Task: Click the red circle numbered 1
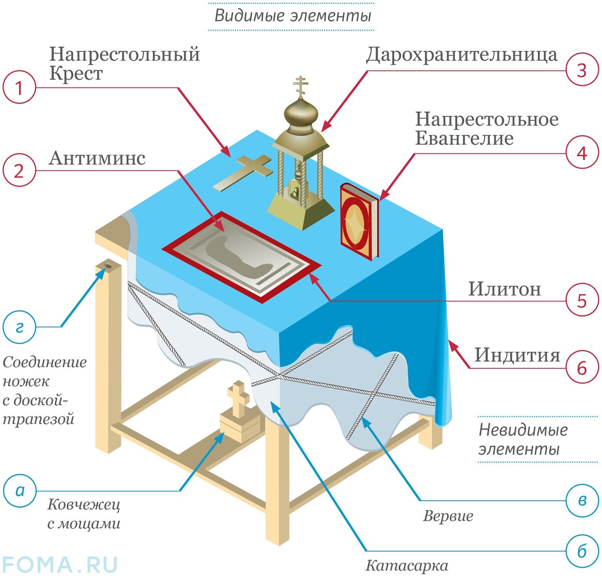click(x=19, y=88)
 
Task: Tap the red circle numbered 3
click(x=582, y=70)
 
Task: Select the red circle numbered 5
click(x=582, y=301)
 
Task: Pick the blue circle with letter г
click(x=20, y=327)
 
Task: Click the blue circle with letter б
click(x=582, y=551)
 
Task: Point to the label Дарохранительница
click(x=461, y=54)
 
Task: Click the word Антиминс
click(x=97, y=158)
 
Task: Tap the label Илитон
click(x=505, y=289)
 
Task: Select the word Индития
click(x=517, y=355)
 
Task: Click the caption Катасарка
click(x=406, y=566)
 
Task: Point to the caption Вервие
click(x=448, y=516)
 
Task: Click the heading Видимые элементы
click(x=292, y=16)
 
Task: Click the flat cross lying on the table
click(x=243, y=173)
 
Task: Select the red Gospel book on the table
click(x=358, y=221)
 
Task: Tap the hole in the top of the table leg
click(x=108, y=265)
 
